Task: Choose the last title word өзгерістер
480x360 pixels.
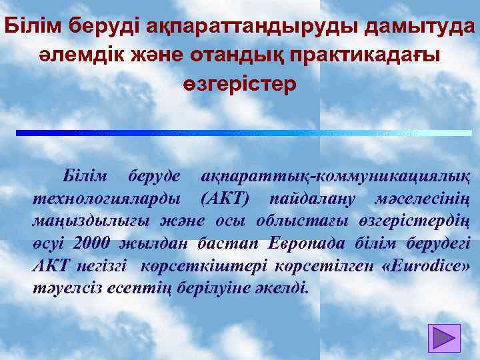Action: click(239, 86)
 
